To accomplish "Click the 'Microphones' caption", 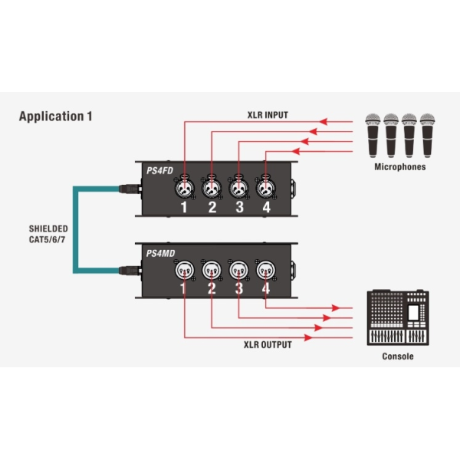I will (x=399, y=166).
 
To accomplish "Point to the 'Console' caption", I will (x=398, y=356).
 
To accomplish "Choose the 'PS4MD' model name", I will (x=160, y=252).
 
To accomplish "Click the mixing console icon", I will (x=399, y=317).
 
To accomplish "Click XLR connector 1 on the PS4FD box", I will (x=184, y=187).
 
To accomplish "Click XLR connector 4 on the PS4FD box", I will (x=265, y=187).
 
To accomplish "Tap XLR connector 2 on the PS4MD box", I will (x=211, y=270).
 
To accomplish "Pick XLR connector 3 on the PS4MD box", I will (x=238, y=270).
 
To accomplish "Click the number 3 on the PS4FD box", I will (x=239, y=207).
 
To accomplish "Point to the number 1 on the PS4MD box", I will (x=184, y=288).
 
